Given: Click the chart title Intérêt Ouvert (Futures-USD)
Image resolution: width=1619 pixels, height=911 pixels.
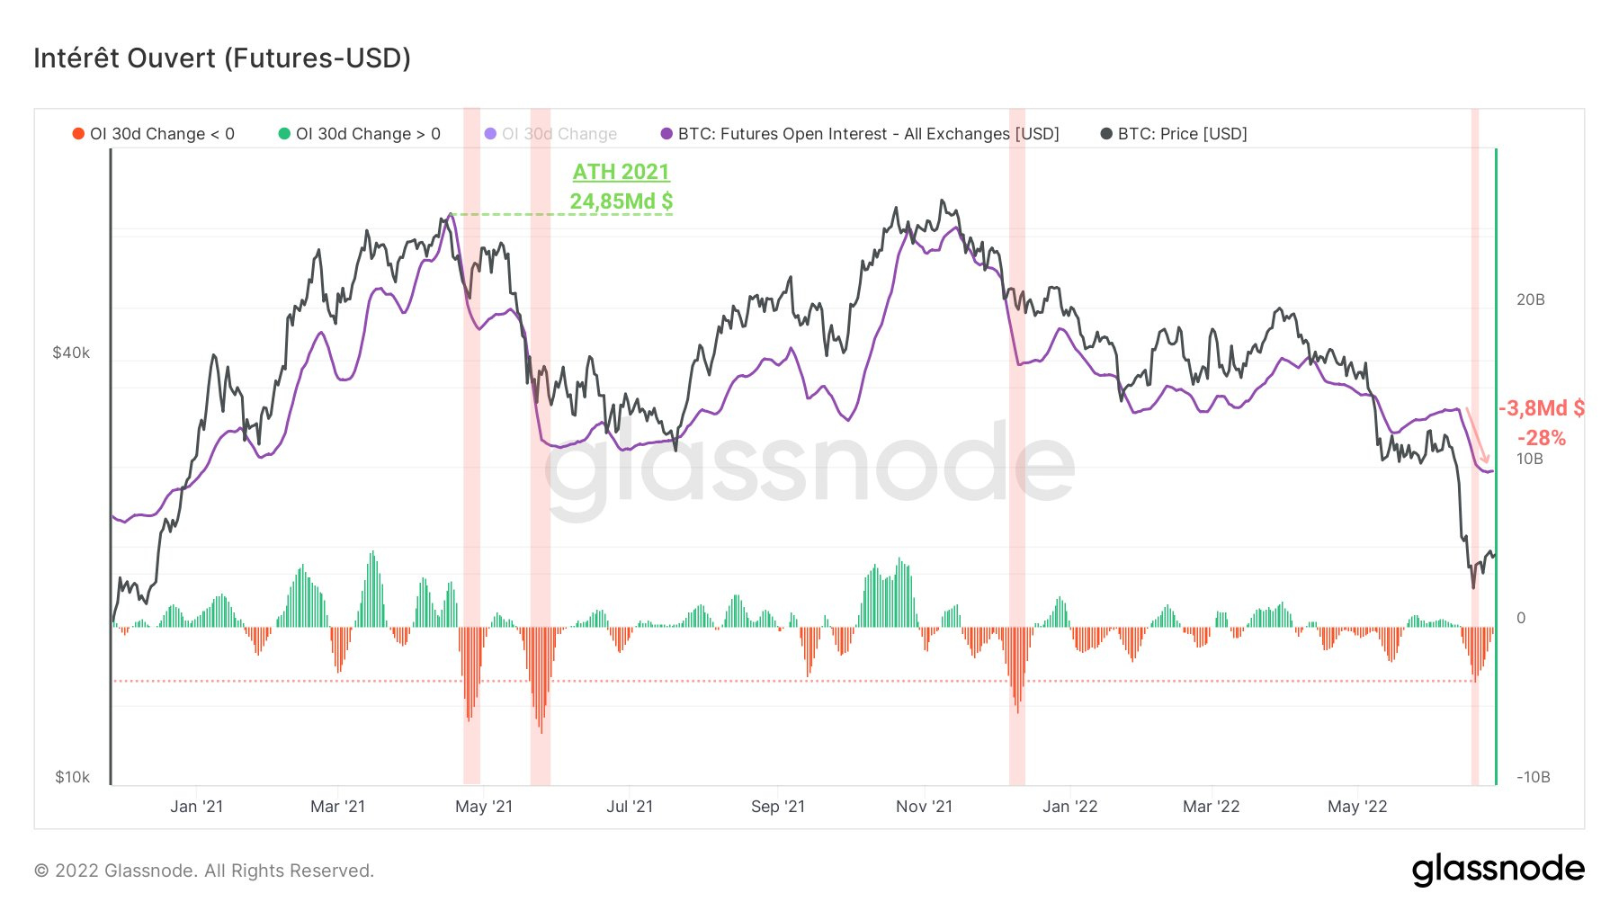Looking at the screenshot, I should pyautogui.click(x=222, y=58).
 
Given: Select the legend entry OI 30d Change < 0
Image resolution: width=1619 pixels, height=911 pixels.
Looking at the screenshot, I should pyautogui.click(x=154, y=134).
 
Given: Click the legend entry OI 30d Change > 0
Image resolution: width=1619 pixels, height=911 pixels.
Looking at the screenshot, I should pyautogui.click(x=360, y=134).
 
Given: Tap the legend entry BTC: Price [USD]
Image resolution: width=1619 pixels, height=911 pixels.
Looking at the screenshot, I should pyautogui.click(x=1174, y=134).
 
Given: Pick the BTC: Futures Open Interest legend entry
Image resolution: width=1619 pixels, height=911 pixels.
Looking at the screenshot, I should pyautogui.click(x=860, y=134).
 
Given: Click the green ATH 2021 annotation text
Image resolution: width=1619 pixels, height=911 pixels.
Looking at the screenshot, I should pyautogui.click(x=621, y=172).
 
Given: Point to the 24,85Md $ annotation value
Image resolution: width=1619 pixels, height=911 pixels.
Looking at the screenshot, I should pyautogui.click(x=621, y=201).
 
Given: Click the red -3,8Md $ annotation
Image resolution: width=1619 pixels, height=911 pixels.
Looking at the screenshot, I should pyautogui.click(x=1541, y=408).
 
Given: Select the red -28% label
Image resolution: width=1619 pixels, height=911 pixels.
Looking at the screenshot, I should pyautogui.click(x=1541, y=438).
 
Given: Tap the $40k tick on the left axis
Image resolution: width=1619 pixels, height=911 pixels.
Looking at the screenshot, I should pyautogui.click(x=71, y=353).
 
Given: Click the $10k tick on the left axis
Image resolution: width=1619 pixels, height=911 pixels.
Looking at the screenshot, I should pyautogui.click(x=72, y=777).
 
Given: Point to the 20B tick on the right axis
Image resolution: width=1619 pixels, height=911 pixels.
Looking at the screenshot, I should pyautogui.click(x=1530, y=299).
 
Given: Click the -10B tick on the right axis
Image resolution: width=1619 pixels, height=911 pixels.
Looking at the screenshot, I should pyautogui.click(x=1533, y=777).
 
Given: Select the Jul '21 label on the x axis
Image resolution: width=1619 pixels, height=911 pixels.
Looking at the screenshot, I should pyautogui.click(x=629, y=807).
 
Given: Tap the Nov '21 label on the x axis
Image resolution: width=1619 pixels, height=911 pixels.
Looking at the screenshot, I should pyautogui.click(x=924, y=807).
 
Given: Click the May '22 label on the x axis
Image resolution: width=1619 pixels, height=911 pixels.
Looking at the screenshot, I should pyautogui.click(x=1356, y=807).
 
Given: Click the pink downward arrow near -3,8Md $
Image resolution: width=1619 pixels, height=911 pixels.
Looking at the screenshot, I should pyautogui.click(x=1477, y=435).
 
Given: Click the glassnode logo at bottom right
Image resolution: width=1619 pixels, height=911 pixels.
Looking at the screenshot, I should pyautogui.click(x=1498, y=870).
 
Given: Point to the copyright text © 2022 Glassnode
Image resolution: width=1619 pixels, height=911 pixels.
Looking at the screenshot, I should pyautogui.click(x=204, y=871).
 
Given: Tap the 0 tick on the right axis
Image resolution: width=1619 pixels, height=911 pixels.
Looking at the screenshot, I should pyautogui.click(x=1521, y=618).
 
